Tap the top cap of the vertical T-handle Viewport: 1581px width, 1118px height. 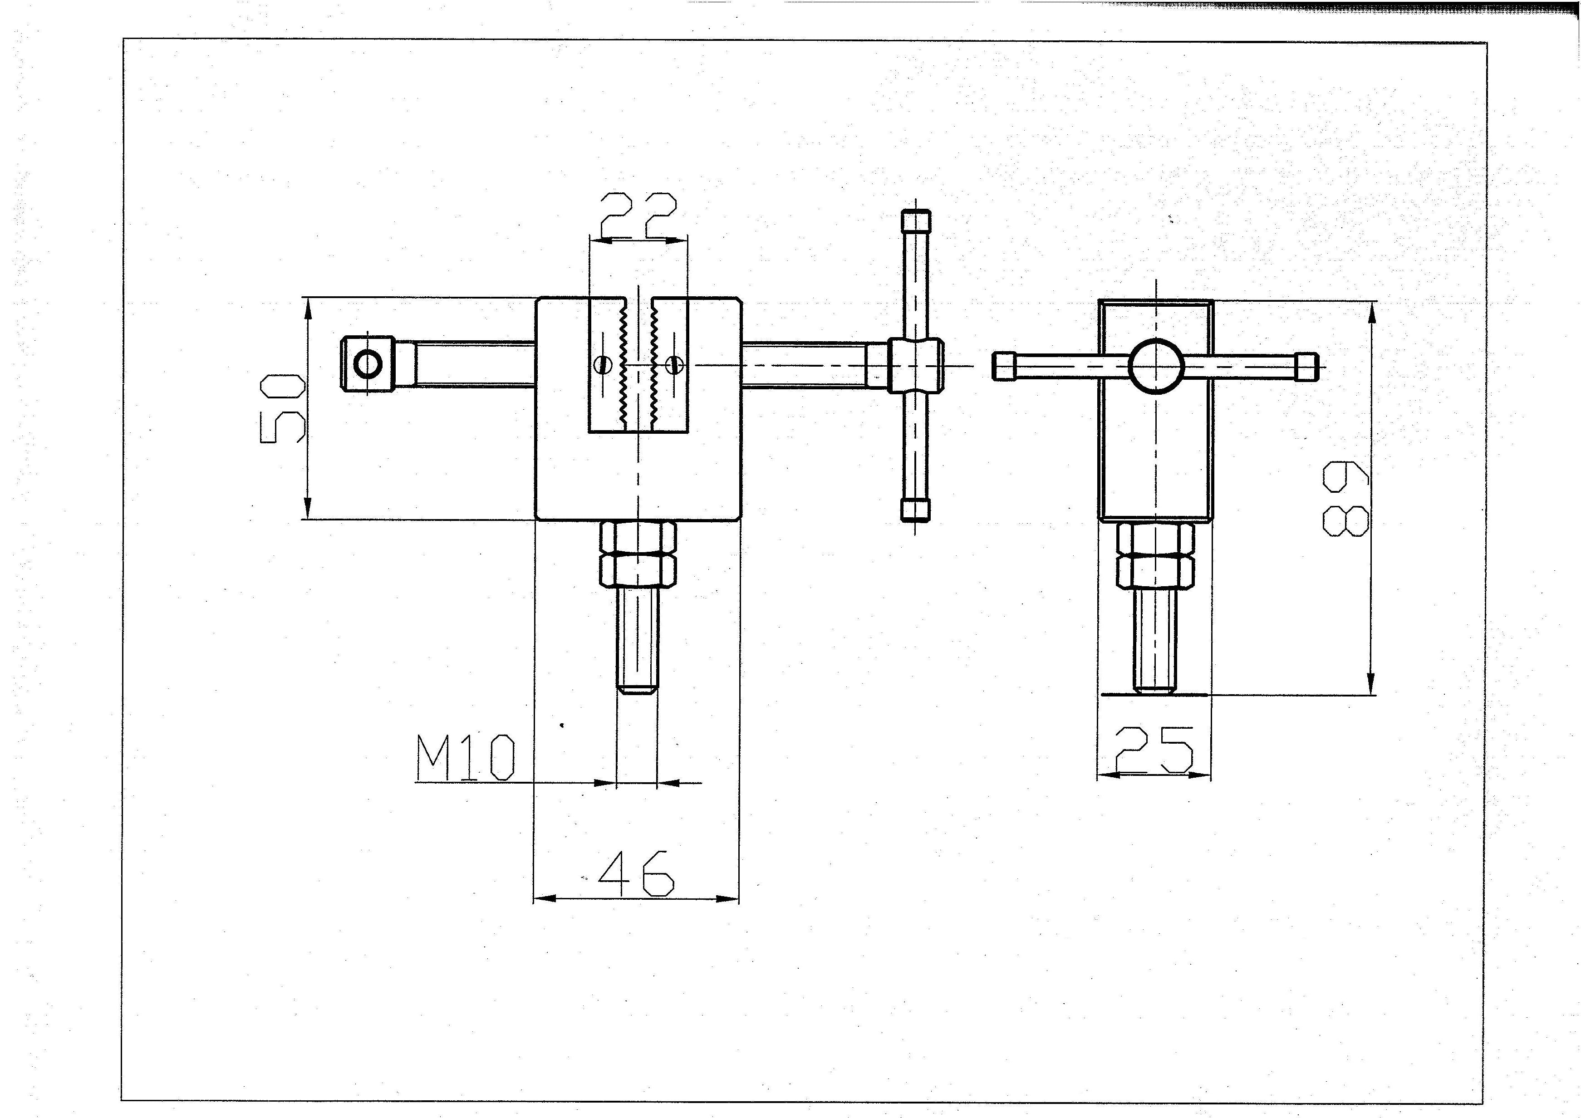click(915, 222)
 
